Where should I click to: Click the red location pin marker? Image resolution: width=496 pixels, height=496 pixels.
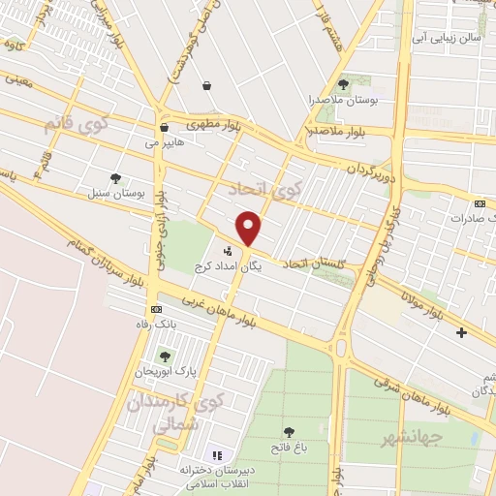pos(250,229)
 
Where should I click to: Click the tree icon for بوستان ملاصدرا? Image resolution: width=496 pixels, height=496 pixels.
pos(344,84)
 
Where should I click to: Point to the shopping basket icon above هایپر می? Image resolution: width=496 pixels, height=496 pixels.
pos(163,126)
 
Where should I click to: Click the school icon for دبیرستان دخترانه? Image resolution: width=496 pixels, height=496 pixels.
pos(217,454)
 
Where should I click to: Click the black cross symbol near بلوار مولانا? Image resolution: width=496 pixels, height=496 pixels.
pos(461,333)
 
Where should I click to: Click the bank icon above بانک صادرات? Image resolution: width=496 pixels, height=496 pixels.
pos(481,203)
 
